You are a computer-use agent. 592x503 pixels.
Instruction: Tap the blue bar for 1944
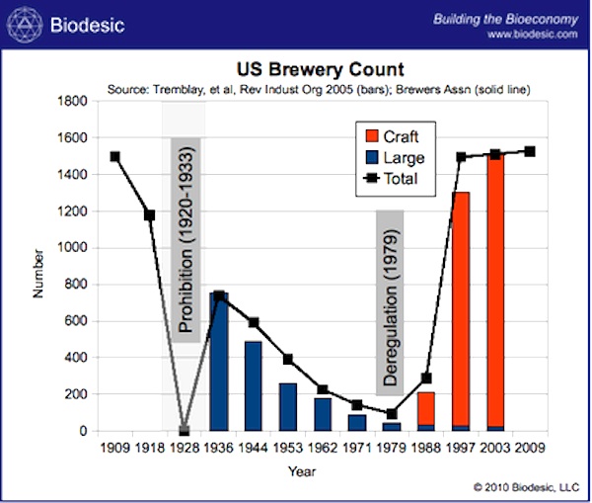254,386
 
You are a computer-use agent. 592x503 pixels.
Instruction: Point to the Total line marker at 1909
114,156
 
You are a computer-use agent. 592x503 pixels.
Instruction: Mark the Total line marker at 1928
184,431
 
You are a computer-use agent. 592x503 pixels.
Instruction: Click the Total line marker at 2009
530,151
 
